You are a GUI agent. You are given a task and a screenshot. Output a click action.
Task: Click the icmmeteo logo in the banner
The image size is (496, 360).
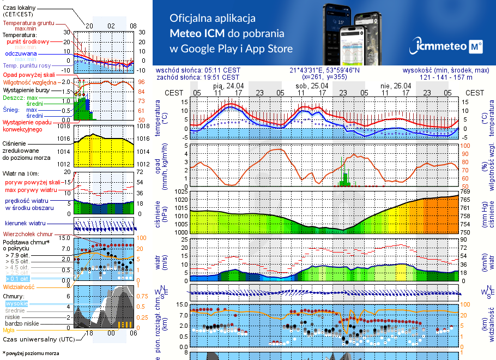(448, 46)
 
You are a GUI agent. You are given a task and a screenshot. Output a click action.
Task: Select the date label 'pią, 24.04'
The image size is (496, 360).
(228, 86)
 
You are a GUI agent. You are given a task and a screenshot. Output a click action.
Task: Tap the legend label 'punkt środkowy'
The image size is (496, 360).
(28, 41)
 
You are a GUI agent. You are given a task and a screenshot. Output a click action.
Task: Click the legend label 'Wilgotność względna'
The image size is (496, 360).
(28, 82)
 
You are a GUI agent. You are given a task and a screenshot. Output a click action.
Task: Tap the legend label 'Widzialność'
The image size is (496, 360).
(19, 286)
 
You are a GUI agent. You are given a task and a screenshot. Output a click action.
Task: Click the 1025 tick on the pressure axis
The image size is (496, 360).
(180, 191)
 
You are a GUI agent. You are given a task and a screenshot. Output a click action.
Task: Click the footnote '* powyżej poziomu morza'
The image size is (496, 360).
(31, 353)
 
